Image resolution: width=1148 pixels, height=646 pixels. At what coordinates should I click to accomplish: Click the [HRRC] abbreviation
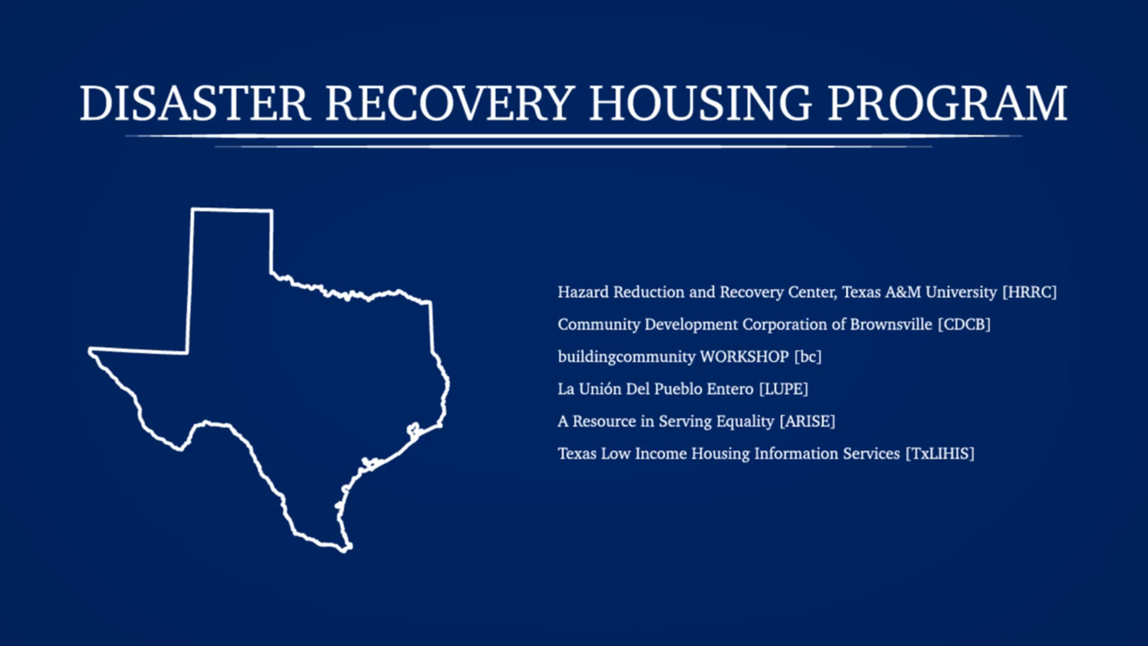point(1029,292)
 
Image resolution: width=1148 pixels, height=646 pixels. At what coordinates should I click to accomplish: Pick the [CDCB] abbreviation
point(964,324)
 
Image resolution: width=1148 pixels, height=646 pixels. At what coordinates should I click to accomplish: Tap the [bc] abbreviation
point(808,356)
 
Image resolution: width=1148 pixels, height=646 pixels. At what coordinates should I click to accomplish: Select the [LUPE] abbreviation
point(784,389)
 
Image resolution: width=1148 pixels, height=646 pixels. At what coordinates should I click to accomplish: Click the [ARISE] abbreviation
point(807,421)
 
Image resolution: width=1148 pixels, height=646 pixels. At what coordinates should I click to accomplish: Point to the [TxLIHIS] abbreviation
point(940,454)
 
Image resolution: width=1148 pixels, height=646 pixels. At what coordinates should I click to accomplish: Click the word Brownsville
point(891,324)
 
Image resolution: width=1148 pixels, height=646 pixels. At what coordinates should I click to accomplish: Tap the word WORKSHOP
point(744,356)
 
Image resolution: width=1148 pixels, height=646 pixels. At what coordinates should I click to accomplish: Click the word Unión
point(600,389)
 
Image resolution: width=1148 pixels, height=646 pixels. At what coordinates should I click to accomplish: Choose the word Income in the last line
point(661,454)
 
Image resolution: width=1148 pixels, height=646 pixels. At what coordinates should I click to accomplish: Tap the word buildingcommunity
point(627,357)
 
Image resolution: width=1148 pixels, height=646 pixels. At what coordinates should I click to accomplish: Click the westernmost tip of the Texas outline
point(89,351)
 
